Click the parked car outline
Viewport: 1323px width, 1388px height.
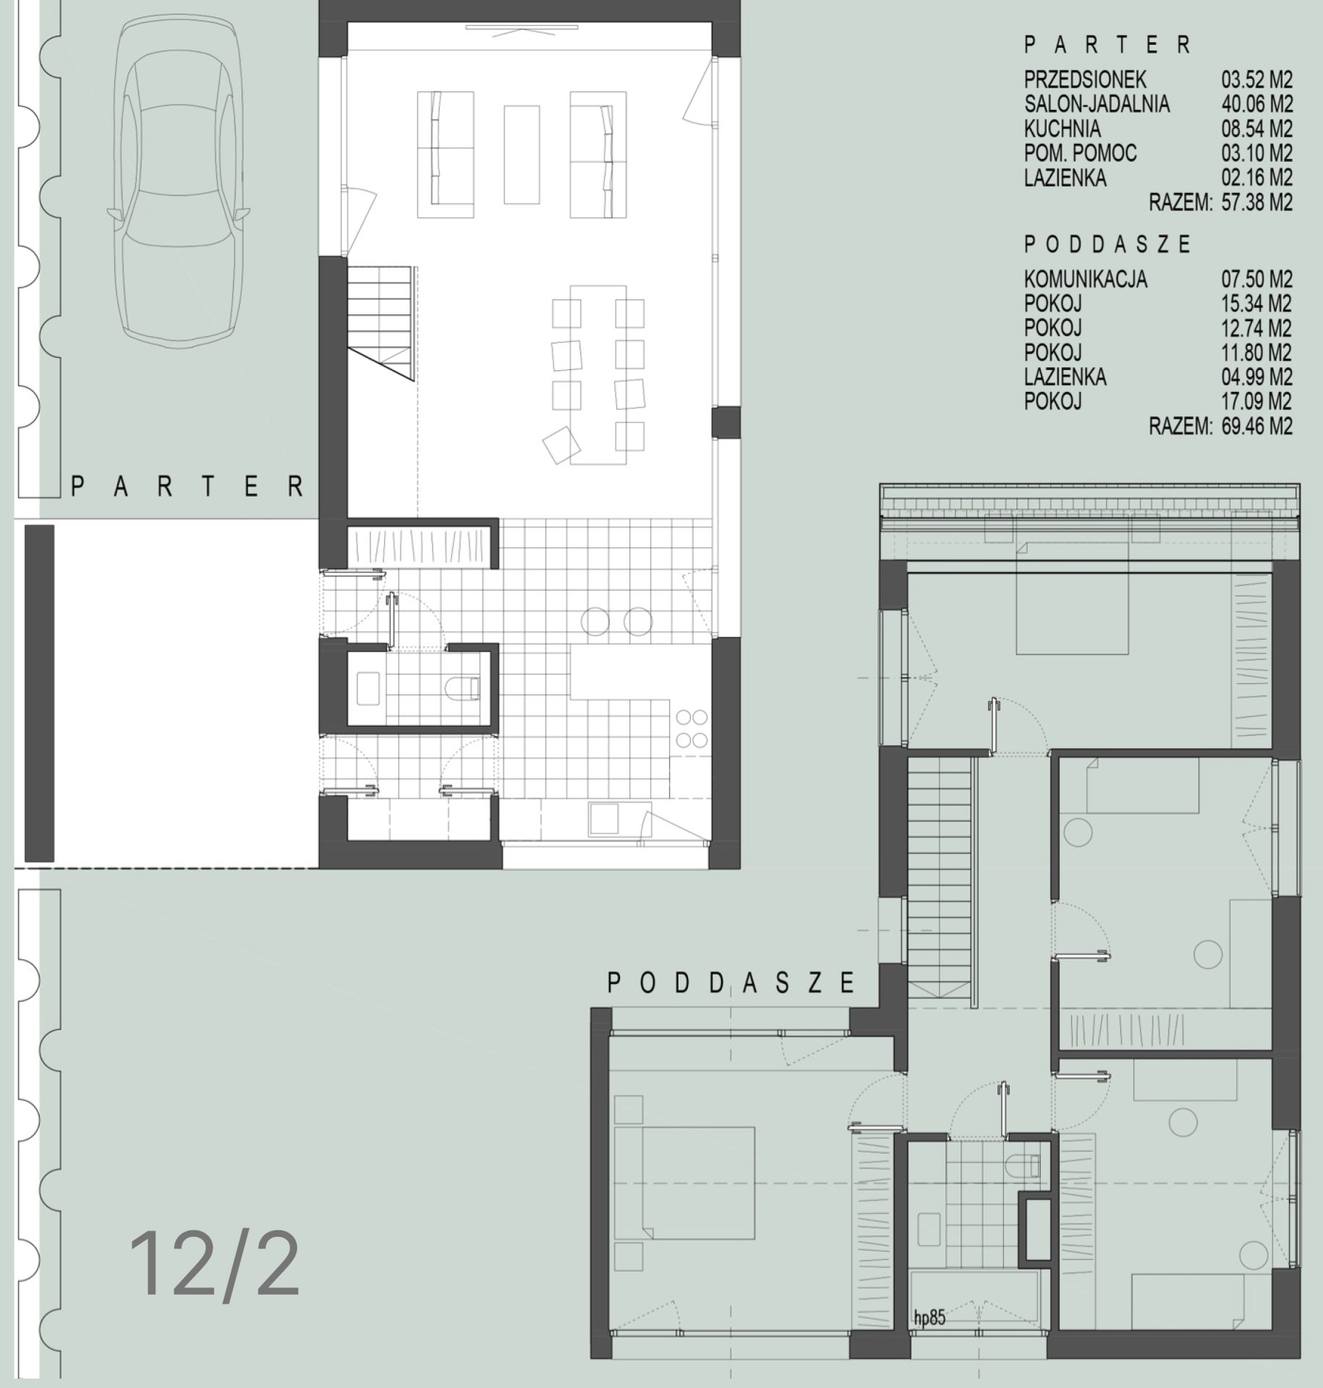[179, 181]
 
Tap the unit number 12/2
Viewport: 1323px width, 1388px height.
[215, 1266]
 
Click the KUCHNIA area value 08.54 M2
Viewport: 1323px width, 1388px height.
[1256, 129]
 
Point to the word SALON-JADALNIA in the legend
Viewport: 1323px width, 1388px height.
[1097, 104]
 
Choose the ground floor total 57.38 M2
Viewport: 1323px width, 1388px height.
[1256, 202]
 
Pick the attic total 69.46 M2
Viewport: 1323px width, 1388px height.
[1256, 427]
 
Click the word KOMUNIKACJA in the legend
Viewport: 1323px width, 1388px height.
[1085, 280]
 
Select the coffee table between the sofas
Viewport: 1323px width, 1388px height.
[522, 155]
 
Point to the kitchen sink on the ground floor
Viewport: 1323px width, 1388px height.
[603, 819]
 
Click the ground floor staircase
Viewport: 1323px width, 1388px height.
[381, 322]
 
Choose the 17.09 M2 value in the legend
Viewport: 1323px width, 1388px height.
[1256, 402]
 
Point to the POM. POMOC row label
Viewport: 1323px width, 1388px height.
[1080, 153]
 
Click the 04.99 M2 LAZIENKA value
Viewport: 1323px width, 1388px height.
[1256, 377]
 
